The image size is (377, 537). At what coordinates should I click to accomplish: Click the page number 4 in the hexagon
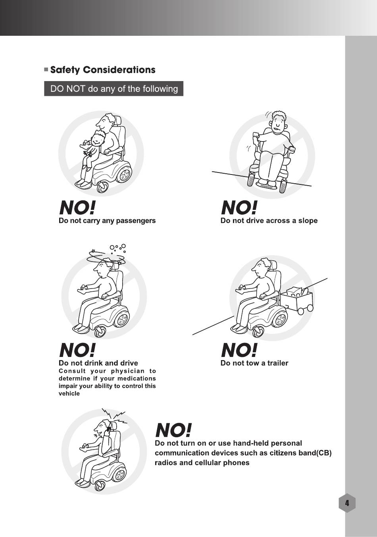click(347, 503)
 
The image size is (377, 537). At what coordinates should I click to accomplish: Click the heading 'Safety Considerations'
click(103, 70)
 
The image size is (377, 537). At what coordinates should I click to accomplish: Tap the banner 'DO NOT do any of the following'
click(114, 89)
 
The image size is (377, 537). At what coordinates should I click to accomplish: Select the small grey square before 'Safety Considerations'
click(46, 70)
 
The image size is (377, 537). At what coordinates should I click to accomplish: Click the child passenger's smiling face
click(98, 139)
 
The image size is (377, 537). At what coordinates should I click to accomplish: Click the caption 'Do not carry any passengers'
click(107, 221)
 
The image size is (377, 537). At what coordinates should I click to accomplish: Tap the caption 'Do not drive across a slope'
click(269, 221)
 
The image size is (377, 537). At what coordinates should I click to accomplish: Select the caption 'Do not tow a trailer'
click(254, 363)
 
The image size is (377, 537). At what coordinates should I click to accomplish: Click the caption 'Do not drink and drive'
click(98, 363)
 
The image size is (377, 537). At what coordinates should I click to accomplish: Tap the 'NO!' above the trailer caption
click(239, 350)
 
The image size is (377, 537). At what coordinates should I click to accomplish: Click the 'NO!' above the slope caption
click(239, 207)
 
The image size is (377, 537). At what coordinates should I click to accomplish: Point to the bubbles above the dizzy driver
click(118, 248)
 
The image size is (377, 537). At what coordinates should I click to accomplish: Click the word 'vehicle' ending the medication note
click(69, 394)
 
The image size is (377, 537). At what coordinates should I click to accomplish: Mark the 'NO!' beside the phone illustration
click(173, 430)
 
